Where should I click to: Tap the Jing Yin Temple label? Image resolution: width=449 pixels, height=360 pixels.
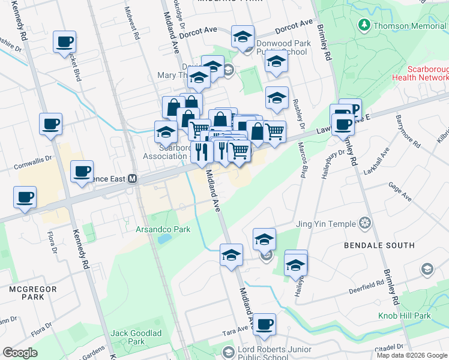[326, 224]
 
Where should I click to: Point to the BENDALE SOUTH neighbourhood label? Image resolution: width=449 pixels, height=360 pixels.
[379, 245]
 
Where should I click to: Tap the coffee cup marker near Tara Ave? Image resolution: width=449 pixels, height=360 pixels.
[264, 325]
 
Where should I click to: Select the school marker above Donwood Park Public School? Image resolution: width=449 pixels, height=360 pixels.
[242, 37]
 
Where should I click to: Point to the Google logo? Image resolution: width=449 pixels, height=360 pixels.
[20, 353]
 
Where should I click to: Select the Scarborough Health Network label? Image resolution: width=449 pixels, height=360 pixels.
[420, 73]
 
